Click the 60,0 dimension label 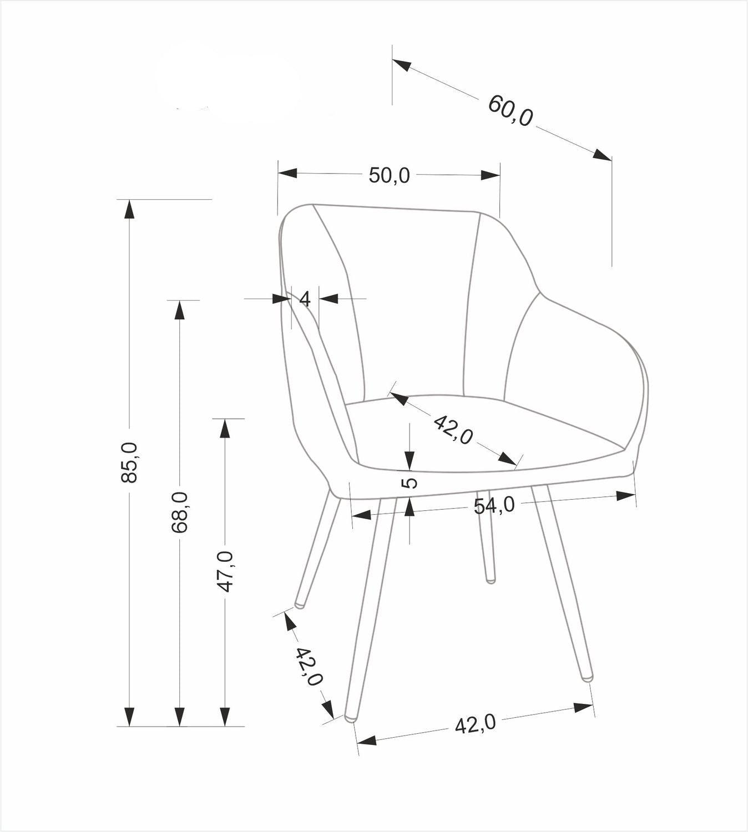(x=511, y=110)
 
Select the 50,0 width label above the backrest (x=389, y=175)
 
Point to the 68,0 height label (x=179, y=511)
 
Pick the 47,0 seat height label (x=225, y=571)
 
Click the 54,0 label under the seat (x=494, y=505)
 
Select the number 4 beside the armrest (x=305, y=299)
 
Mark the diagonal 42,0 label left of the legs (x=308, y=666)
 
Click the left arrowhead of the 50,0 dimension (x=287, y=173)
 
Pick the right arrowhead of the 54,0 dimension (x=626, y=495)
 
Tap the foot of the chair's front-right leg (x=587, y=677)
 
